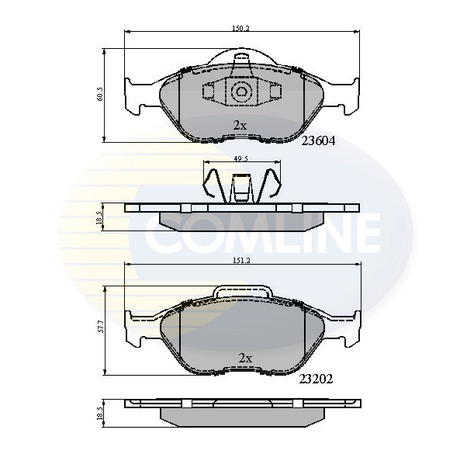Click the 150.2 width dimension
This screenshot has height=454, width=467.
click(242, 28)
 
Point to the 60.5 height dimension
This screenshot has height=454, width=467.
click(100, 95)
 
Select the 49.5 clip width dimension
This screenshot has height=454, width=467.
click(241, 158)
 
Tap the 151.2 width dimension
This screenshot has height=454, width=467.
click(242, 262)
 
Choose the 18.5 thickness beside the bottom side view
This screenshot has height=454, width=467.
click(100, 412)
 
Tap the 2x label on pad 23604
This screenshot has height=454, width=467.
click(240, 125)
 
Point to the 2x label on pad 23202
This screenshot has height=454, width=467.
click(245, 358)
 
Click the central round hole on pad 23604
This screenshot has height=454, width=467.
click(241, 93)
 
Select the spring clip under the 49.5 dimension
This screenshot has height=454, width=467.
click(242, 187)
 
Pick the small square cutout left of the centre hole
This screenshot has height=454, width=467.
click(209, 92)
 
